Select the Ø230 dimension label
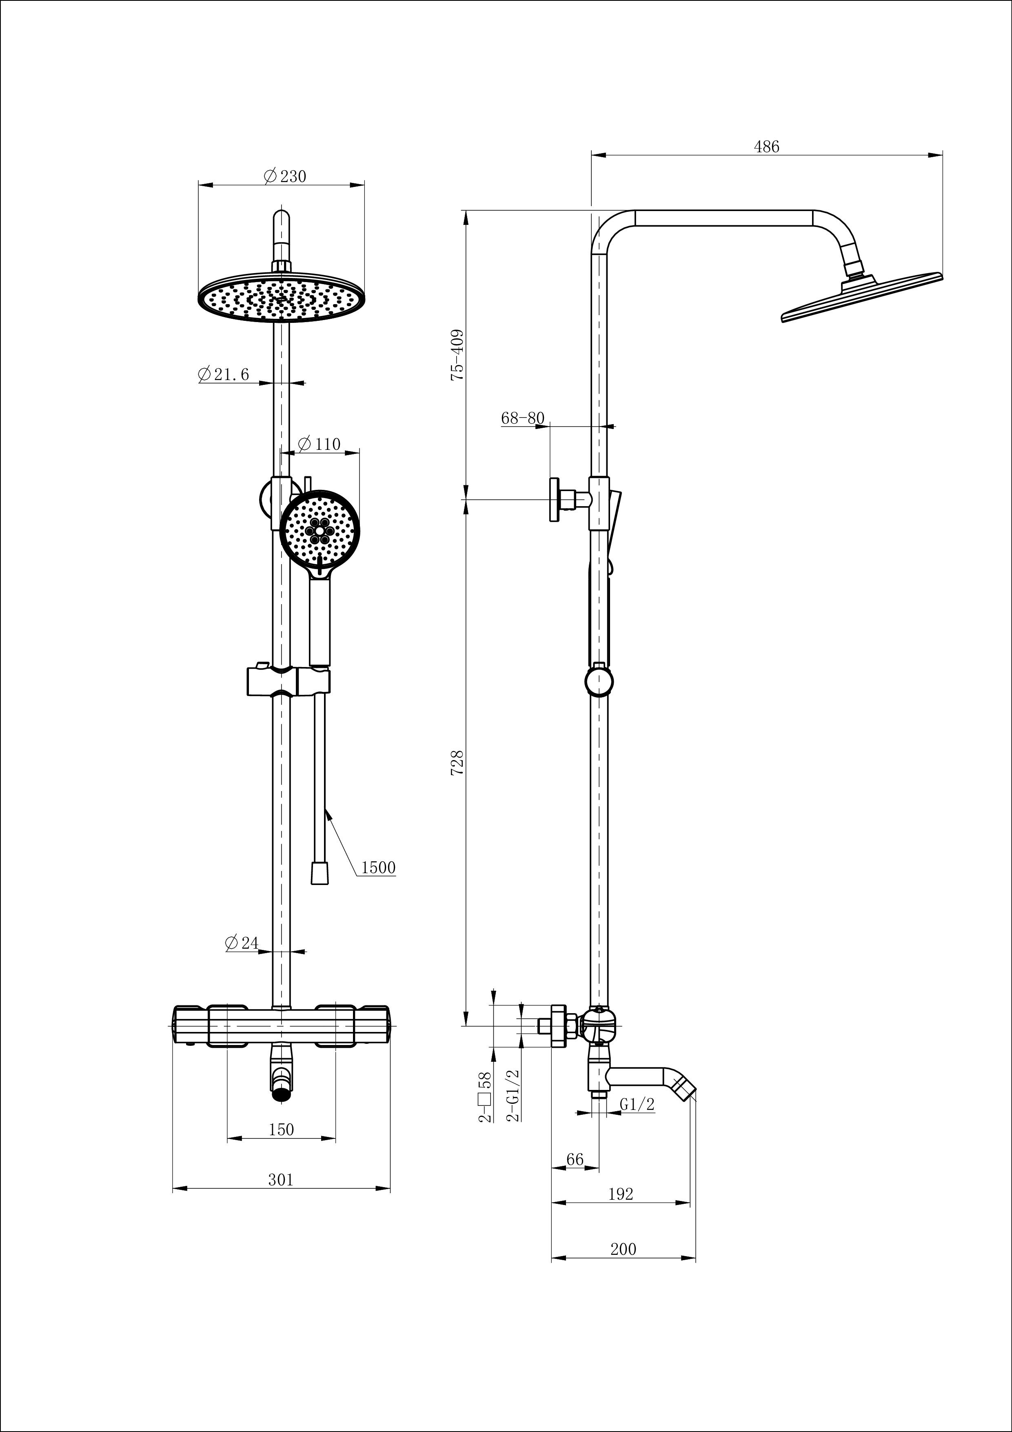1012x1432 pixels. point(285,176)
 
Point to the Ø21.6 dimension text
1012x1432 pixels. point(223,374)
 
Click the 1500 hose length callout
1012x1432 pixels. point(378,867)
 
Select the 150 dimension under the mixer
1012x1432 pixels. point(281,1130)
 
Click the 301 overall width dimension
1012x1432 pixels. point(281,1180)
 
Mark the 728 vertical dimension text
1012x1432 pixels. point(457,763)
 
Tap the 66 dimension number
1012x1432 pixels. point(574,1159)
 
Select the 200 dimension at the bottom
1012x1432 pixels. point(623,1249)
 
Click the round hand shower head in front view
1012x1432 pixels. point(319,530)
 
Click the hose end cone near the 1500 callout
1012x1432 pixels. point(319,873)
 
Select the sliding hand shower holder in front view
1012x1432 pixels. point(288,680)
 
